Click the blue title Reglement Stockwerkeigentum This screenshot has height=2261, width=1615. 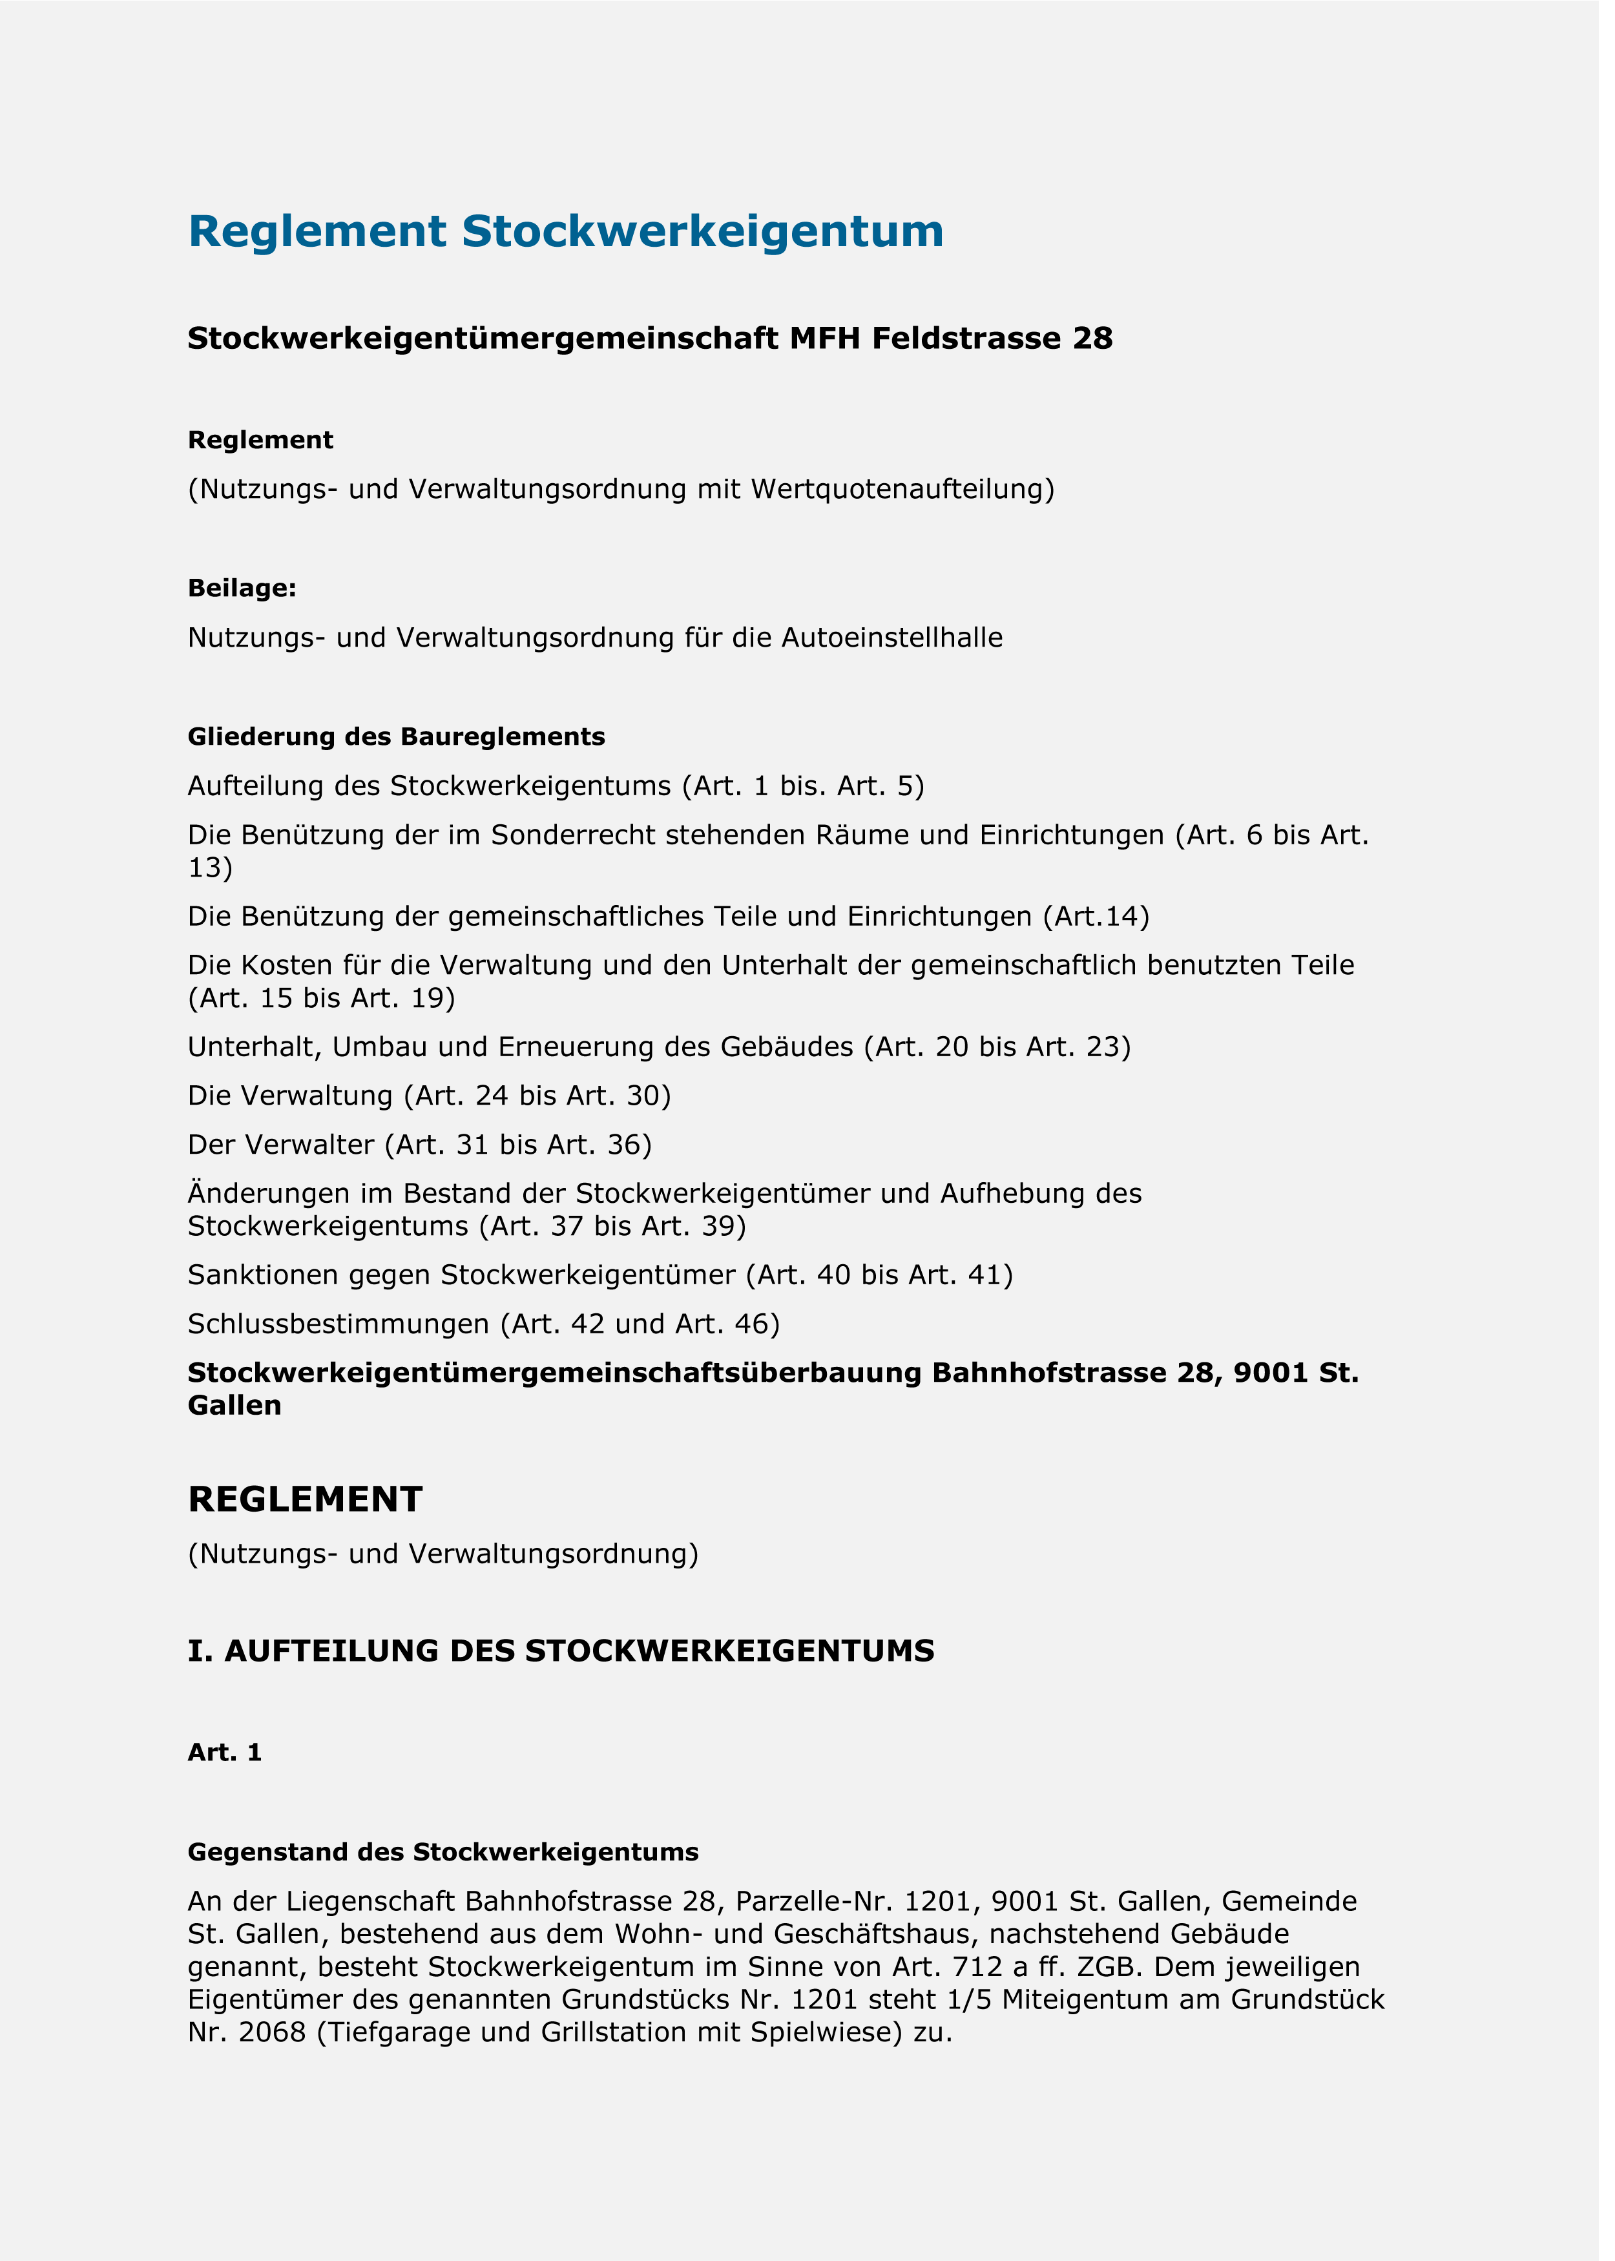pos(565,232)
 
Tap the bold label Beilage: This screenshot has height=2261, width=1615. pos(242,589)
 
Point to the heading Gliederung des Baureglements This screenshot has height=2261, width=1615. pos(396,737)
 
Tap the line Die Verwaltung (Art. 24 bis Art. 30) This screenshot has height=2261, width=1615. pos(428,1096)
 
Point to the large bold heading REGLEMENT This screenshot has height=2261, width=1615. pos(306,1499)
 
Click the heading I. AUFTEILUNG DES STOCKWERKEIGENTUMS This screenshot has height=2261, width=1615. pos(561,1651)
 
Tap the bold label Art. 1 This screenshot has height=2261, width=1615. pos(225,1752)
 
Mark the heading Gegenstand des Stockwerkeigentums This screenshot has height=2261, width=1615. pos(443,1852)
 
